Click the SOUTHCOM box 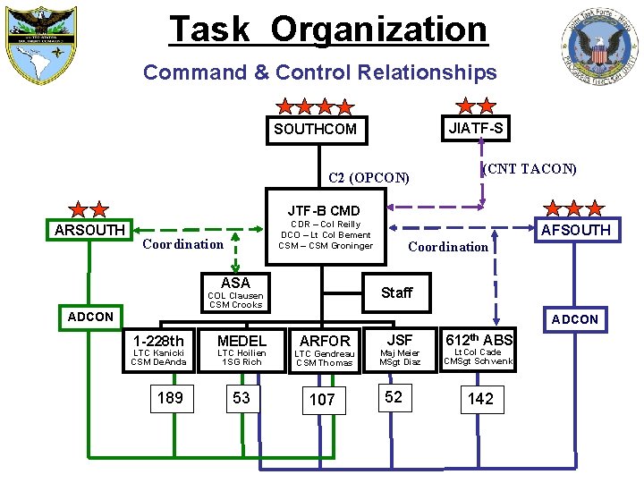(315, 130)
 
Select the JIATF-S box (476, 129)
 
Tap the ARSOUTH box (89, 230)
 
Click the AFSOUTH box (575, 230)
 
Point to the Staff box (397, 292)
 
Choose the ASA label (235, 284)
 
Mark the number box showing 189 (170, 398)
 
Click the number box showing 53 (241, 398)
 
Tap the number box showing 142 (480, 399)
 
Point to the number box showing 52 (394, 398)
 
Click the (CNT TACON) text (529, 169)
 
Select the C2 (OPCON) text (369, 177)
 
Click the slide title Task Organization (328, 30)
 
